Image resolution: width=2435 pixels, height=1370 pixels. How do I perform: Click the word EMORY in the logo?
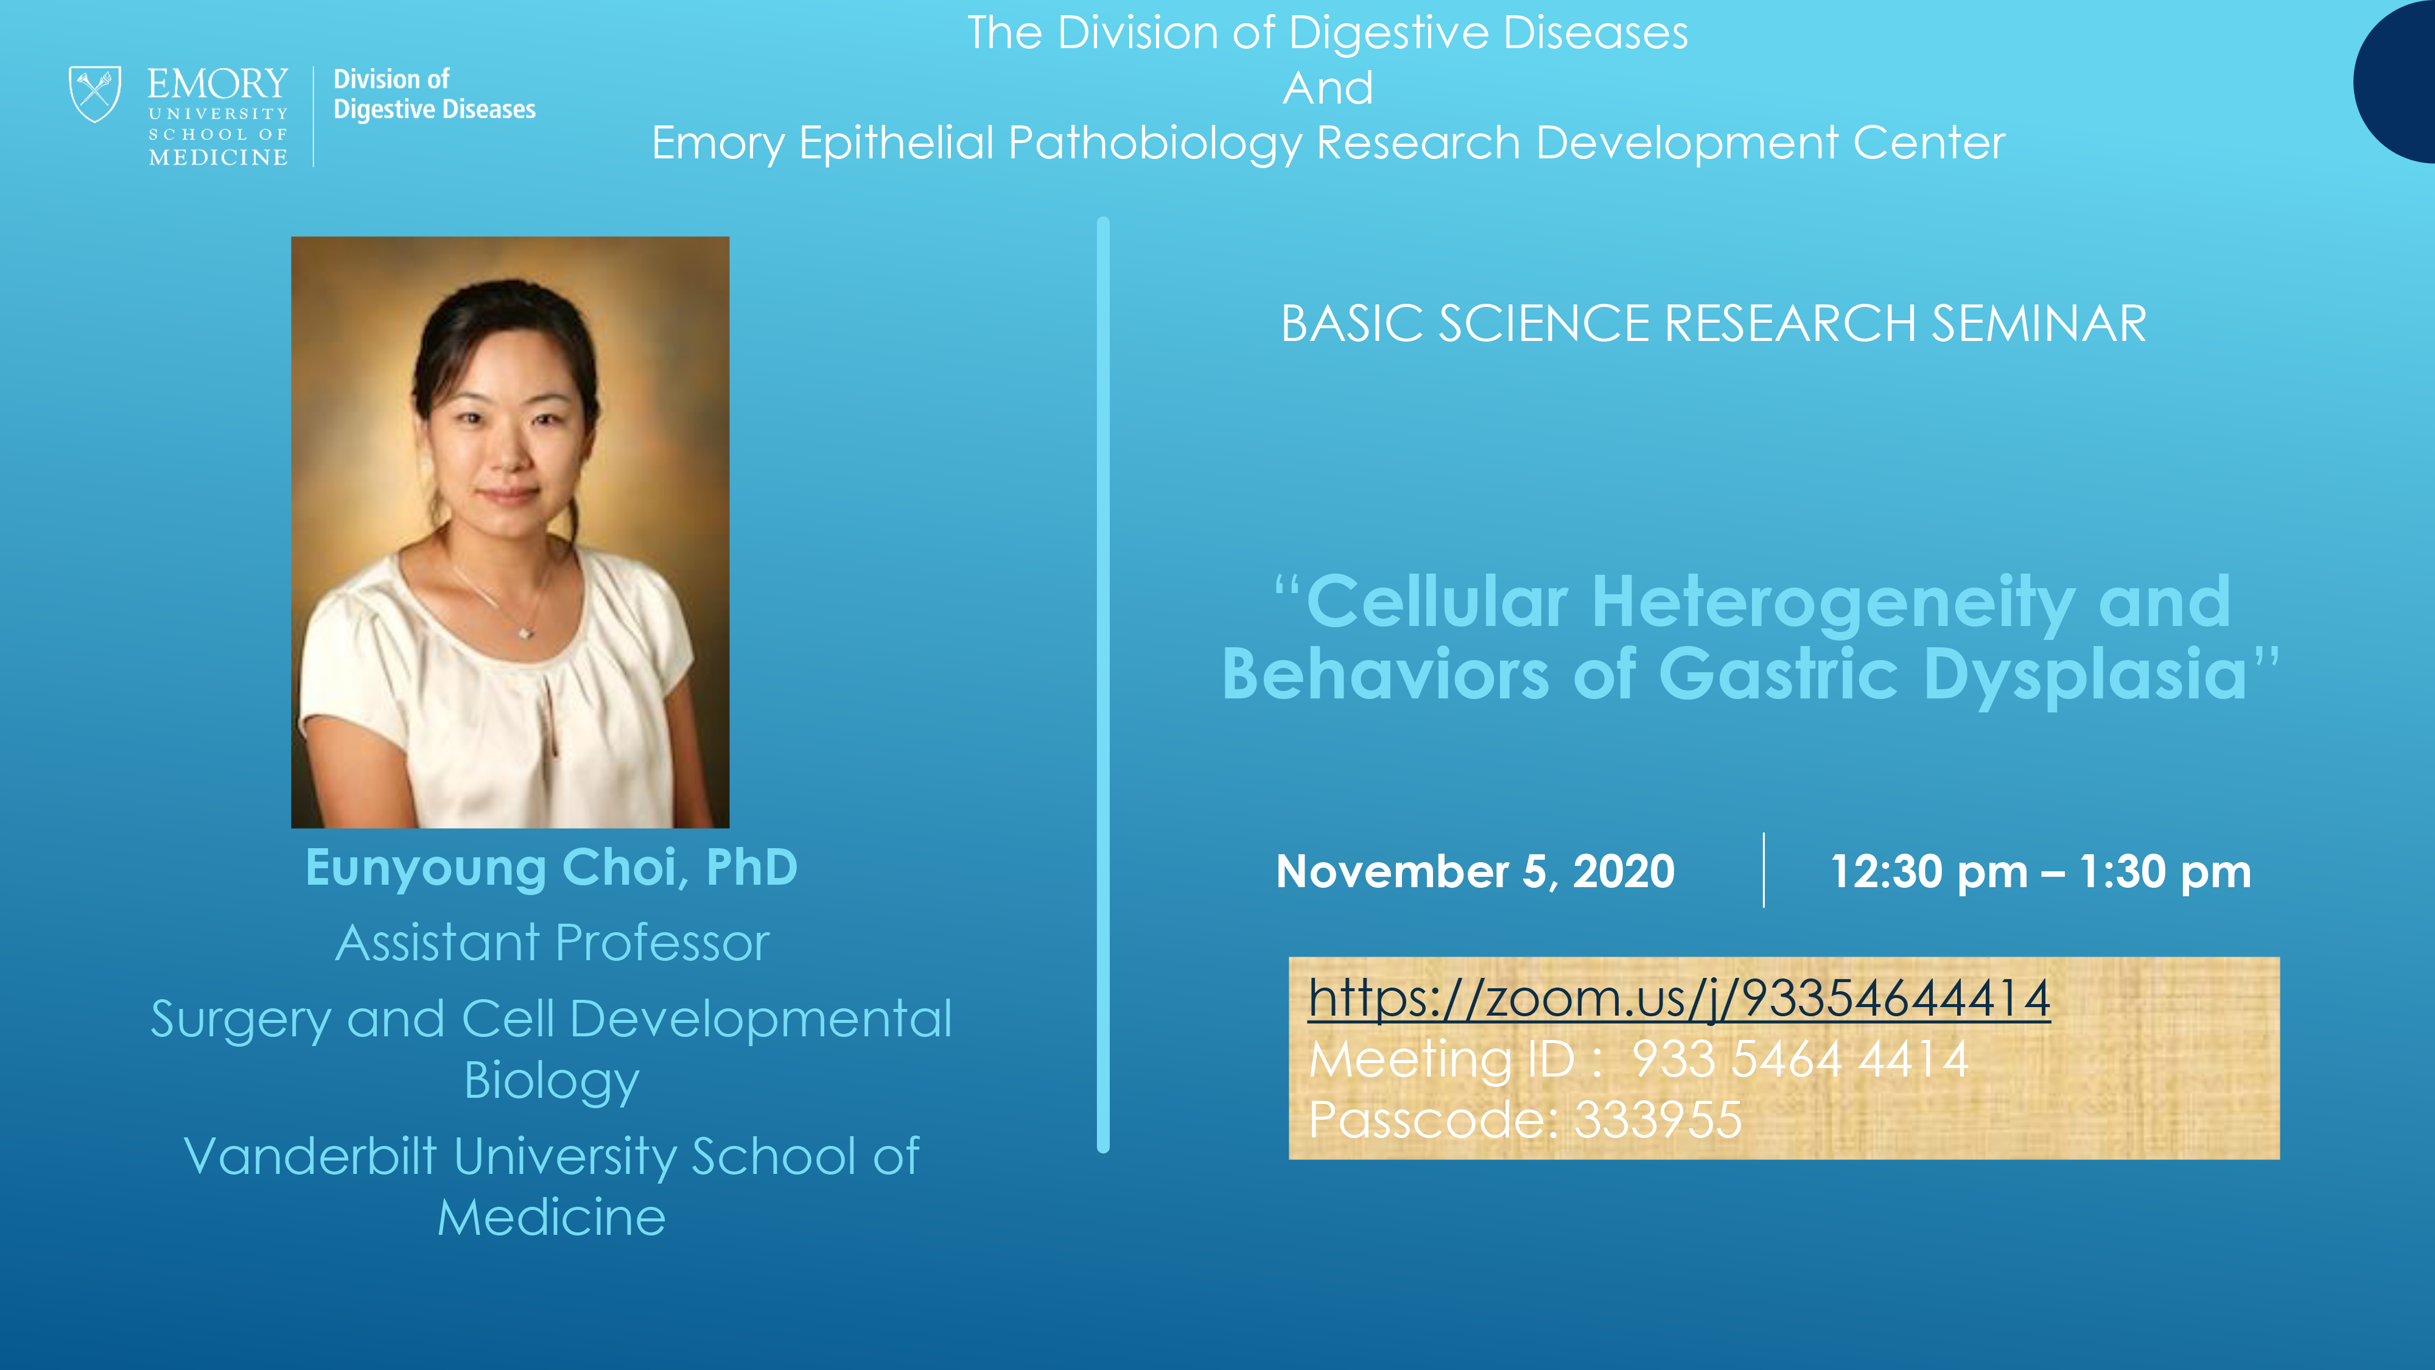(217, 83)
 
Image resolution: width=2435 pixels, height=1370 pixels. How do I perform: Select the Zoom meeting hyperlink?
(1679, 999)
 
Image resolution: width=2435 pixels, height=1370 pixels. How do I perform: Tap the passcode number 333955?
(1658, 1120)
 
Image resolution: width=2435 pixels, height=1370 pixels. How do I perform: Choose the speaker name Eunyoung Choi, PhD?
(551, 867)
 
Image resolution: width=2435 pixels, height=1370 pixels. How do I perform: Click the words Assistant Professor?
(552, 943)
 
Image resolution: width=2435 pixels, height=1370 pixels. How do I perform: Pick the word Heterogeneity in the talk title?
(1834, 602)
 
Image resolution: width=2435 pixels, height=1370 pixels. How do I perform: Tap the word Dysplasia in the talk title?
(2085, 675)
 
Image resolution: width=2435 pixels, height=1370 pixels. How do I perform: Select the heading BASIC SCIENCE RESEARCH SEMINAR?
(1713, 323)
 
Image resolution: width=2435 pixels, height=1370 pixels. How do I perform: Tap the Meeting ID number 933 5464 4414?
(1800, 1059)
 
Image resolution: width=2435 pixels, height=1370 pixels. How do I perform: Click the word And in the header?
(1327, 88)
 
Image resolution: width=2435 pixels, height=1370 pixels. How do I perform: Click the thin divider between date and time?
(1764, 870)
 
